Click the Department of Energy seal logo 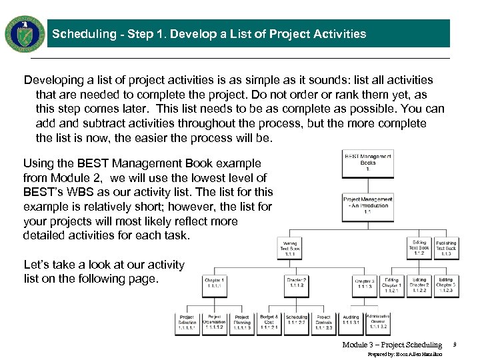25,33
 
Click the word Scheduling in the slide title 79,34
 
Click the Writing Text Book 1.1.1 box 290,249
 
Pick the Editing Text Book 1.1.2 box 419,248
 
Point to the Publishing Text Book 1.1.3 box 446,248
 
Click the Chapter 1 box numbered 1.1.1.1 215,285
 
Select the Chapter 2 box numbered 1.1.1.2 296,285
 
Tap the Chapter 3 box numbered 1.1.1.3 364,286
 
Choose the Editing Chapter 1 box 391,285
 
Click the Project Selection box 187,323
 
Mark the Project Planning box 241,323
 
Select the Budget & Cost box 269,323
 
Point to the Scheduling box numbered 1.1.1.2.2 297,323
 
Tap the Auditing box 351,323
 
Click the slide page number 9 454,345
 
